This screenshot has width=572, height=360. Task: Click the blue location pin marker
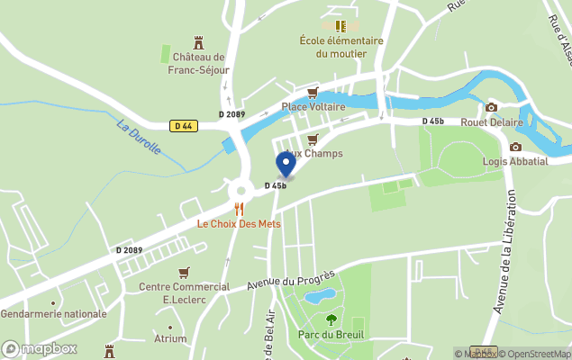pyautogui.click(x=286, y=164)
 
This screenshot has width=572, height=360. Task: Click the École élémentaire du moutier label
pyautogui.click(x=341, y=47)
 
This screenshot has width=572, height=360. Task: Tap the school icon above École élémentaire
pyautogui.click(x=340, y=26)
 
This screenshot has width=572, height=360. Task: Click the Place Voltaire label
pyautogui.click(x=313, y=107)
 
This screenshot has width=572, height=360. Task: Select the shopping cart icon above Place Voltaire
pyautogui.click(x=313, y=93)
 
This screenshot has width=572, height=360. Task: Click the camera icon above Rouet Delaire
pyautogui.click(x=491, y=107)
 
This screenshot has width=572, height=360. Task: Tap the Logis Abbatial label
pyautogui.click(x=515, y=161)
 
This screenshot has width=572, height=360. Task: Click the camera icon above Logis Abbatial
pyautogui.click(x=515, y=147)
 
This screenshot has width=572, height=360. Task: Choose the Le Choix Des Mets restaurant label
pyautogui.click(x=240, y=223)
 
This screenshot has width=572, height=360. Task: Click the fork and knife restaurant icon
pyautogui.click(x=240, y=209)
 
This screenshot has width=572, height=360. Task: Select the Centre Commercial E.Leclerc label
pyautogui.click(x=185, y=293)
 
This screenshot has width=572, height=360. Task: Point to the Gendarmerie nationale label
pyautogui.click(x=54, y=314)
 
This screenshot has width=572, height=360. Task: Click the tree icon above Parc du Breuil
pyautogui.click(x=331, y=319)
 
